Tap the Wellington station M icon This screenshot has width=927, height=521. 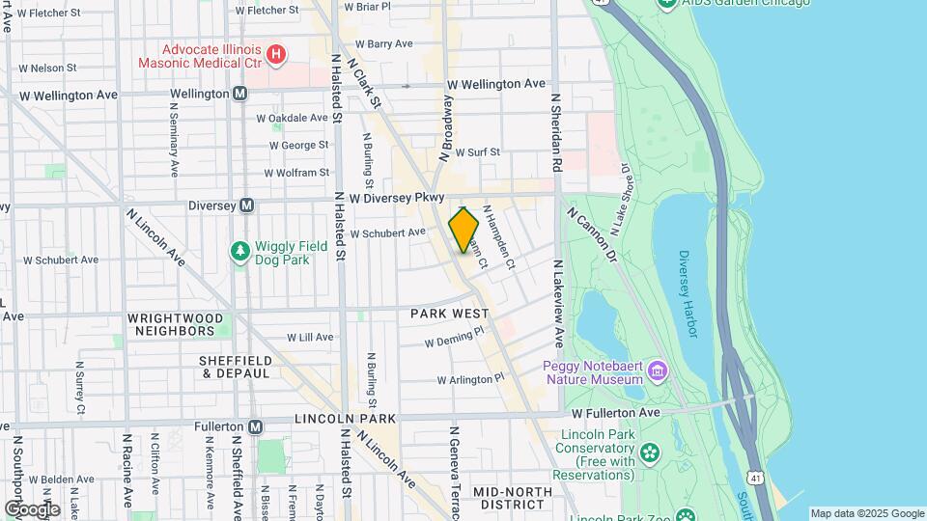[239, 95]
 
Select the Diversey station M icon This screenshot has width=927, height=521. [247, 205]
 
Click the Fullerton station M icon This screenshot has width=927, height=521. [255, 426]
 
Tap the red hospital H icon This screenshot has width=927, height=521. [277, 54]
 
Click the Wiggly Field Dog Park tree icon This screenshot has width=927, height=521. [239, 252]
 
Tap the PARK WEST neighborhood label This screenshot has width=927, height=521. [446, 315]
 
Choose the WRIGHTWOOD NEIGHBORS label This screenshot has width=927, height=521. [175, 324]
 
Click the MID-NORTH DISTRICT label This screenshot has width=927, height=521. [513, 498]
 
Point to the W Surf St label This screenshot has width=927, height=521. [477, 152]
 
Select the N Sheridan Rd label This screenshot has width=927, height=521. [556, 133]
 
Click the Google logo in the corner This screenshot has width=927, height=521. [32, 508]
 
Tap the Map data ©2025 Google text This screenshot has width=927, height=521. [866, 513]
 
